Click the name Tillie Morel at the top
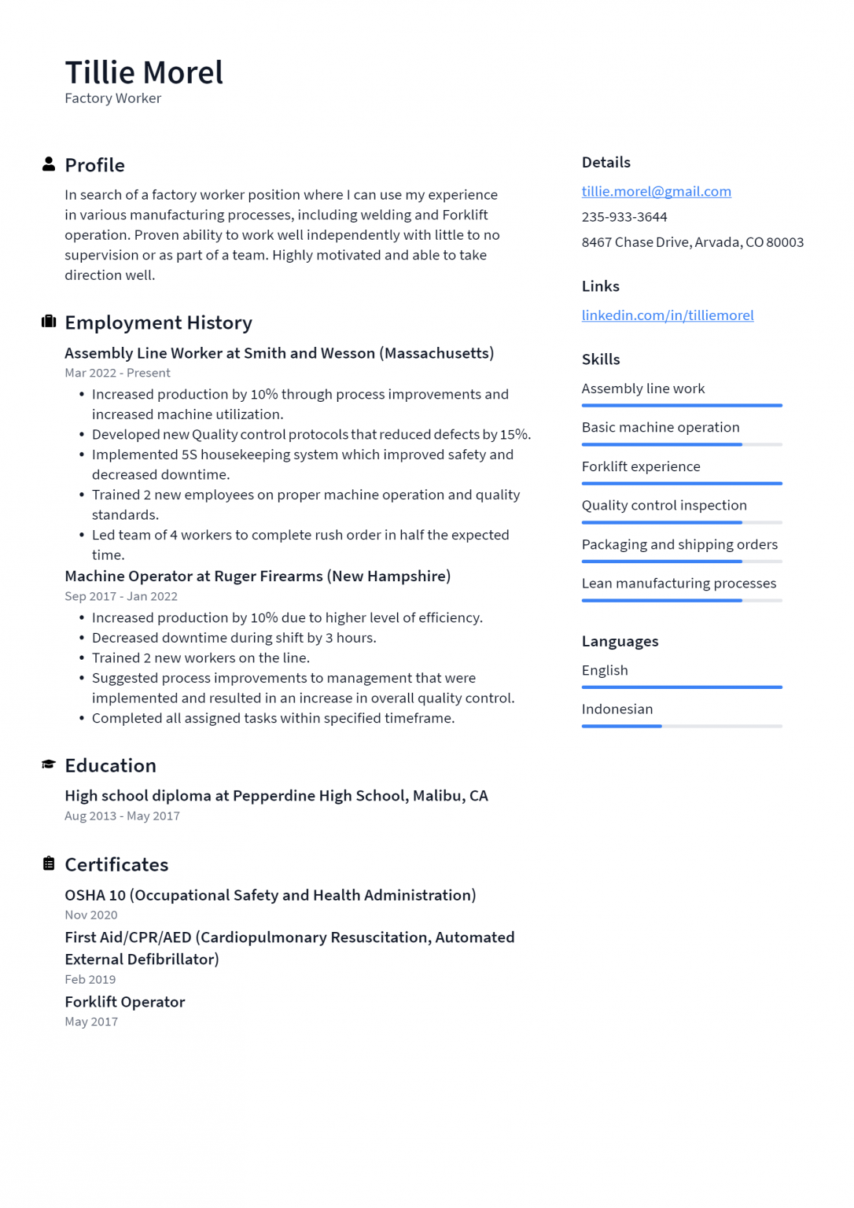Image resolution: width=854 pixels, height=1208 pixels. point(144,72)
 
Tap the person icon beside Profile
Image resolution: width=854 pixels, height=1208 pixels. point(49,164)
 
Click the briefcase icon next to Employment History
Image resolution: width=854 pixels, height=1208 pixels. point(49,322)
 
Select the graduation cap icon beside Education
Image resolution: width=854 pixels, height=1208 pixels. point(49,764)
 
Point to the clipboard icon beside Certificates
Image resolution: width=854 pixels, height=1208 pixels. point(49,864)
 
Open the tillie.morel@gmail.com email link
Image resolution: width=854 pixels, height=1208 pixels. point(656,191)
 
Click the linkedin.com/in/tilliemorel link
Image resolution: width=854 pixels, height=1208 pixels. point(667,315)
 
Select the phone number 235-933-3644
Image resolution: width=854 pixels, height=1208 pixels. point(624,217)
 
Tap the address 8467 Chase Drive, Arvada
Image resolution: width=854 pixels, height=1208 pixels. point(692,242)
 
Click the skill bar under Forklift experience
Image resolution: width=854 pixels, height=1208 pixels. point(681,483)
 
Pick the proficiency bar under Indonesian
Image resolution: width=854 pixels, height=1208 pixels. point(681,726)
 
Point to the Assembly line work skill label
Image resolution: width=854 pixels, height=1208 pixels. point(642,389)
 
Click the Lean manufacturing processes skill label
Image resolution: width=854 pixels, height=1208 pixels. point(679,583)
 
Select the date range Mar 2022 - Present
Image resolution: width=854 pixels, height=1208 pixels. point(117,373)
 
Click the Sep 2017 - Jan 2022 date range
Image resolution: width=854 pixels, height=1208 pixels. point(121,596)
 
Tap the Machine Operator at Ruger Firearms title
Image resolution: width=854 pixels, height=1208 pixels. point(257,576)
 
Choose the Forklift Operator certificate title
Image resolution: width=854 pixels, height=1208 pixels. point(125,1002)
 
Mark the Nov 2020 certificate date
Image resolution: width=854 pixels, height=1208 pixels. point(91,915)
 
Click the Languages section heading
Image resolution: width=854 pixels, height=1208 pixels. point(620,641)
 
